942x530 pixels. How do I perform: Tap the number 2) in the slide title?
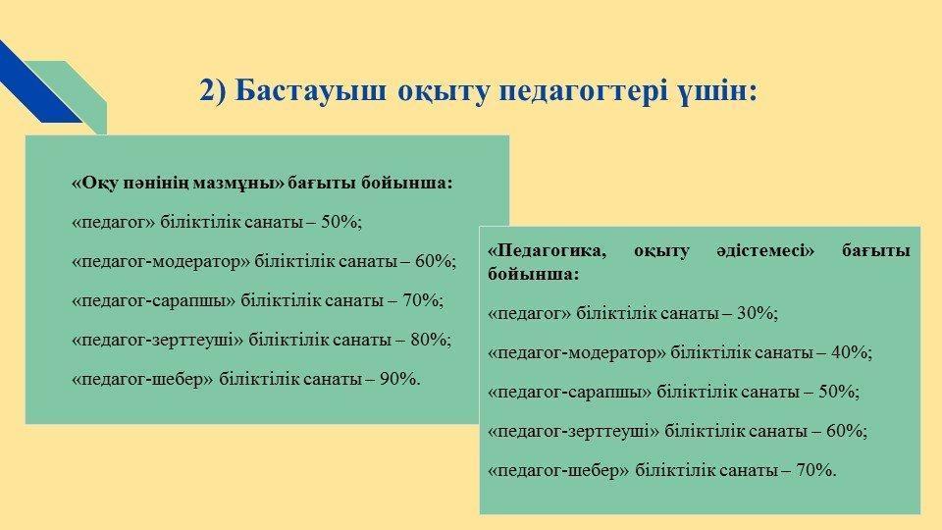(213, 92)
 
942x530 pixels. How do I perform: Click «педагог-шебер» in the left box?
(142, 379)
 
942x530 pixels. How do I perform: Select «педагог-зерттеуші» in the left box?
(157, 341)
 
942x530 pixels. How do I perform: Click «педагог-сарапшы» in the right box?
(569, 392)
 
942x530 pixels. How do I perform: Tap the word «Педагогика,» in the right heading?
(547, 250)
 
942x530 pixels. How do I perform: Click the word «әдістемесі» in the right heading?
(764, 250)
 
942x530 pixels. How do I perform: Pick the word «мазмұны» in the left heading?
(239, 183)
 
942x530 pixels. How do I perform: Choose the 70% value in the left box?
(422, 300)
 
